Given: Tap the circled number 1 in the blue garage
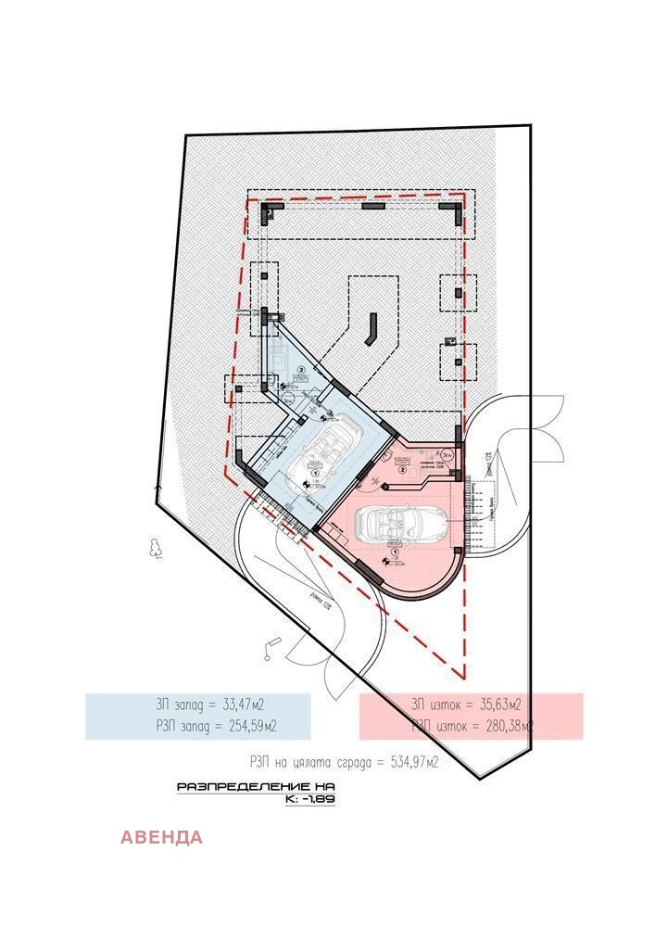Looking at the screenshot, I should click(x=316, y=473).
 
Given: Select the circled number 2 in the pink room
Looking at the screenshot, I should click(x=402, y=470).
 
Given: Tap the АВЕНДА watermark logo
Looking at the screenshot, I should click(x=161, y=838).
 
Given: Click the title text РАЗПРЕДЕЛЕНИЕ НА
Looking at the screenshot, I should click(x=255, y=787).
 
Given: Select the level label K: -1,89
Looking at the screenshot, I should click(x=310, y=798).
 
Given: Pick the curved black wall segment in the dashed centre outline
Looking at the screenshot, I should click(x=372, y=327).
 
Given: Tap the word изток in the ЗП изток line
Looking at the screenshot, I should click(x=442, y=704).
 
